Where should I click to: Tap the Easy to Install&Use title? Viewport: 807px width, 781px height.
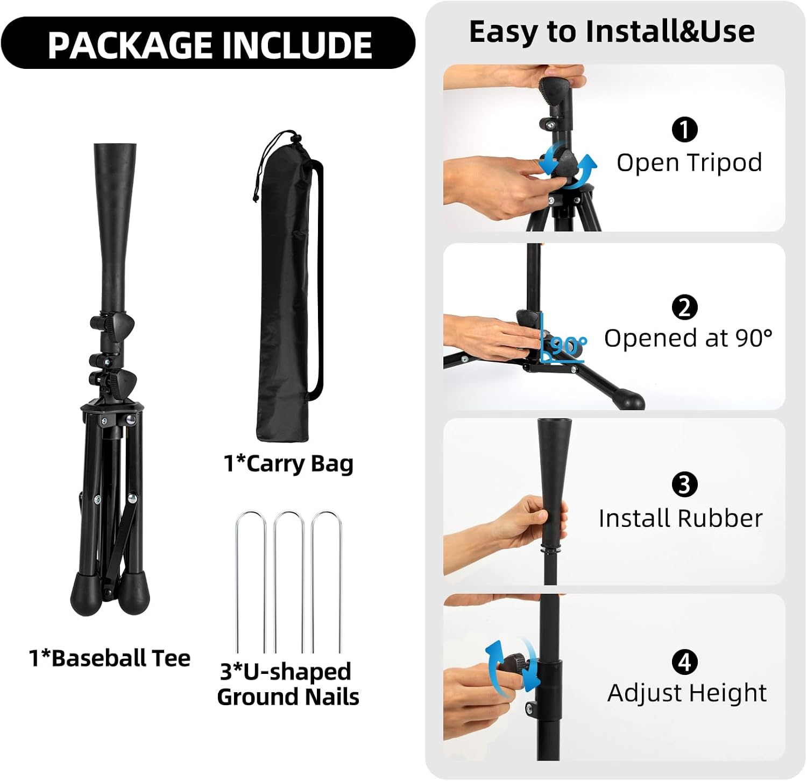[x=612, y=31]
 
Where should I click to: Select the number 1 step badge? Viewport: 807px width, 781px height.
[x=684, y=129]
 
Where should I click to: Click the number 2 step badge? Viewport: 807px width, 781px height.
[x=684, y=307]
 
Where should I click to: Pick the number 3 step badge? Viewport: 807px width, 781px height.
[x=684, y=484]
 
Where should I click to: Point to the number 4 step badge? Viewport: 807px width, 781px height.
[x=684, y=662]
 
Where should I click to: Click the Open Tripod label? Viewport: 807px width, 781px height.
[x=689, y=163]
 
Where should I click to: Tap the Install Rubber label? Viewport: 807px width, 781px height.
[x=681, y=518]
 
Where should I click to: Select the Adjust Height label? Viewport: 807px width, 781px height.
[x=687, y=694]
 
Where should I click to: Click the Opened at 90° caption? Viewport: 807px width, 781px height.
[x=688, y=339]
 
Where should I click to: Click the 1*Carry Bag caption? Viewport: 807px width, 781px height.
[x=288, y=464]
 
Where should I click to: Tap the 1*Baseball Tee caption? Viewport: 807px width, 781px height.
[x=110, y=658]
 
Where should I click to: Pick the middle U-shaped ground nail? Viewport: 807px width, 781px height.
[x=289, y=581]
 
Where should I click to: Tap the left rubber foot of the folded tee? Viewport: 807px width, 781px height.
[x=84, y=594]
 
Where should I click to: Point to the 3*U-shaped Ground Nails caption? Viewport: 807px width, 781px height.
[x=288, y=684]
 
